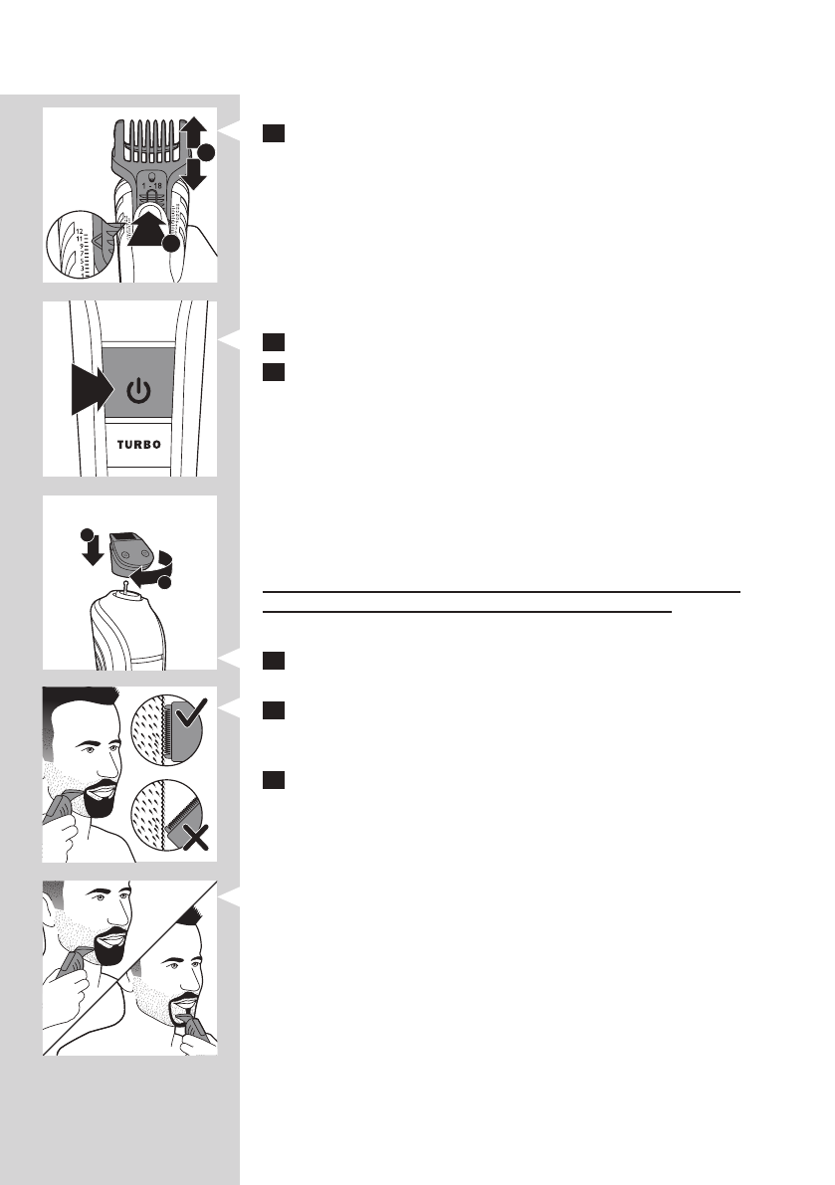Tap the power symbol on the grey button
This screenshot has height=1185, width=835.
139,390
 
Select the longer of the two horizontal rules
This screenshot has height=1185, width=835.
503,591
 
